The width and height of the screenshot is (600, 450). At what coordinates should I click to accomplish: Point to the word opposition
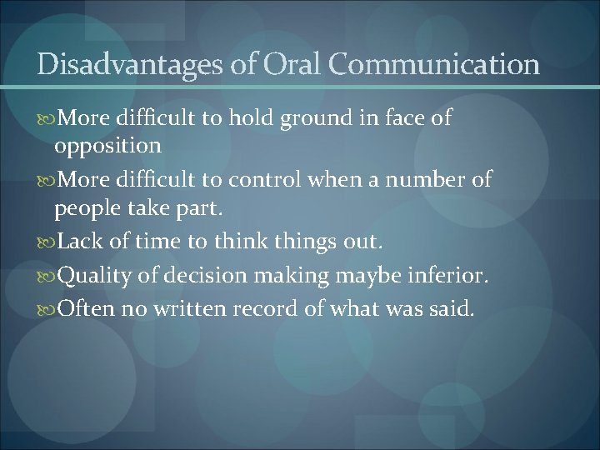coord(107,147)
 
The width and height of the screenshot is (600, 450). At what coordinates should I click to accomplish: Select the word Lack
coord(79,242)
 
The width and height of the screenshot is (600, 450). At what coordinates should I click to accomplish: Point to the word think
coord(238,242)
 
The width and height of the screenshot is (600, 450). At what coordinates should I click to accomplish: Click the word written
coord(192,309)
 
